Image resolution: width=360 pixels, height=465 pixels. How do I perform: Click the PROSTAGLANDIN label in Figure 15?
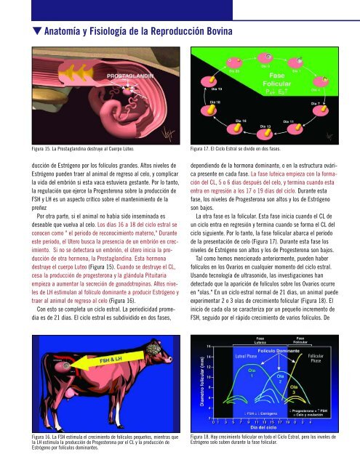(132, 75)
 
